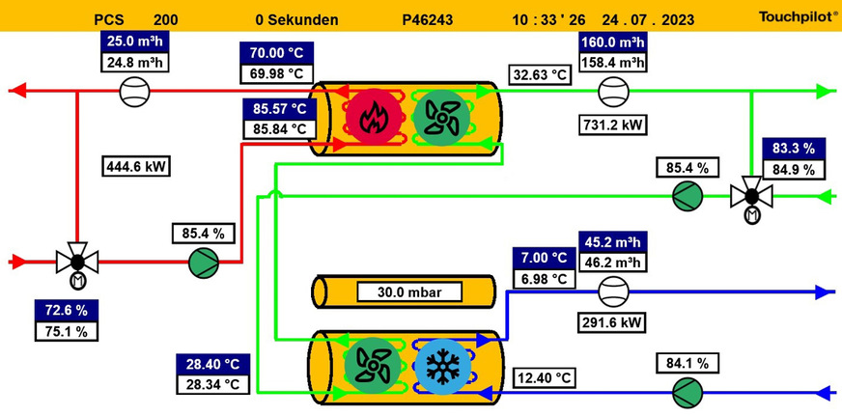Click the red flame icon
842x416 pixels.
click(x=370, y=117)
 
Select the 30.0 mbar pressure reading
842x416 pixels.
click(x=406, y=291)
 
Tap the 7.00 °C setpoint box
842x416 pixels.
click(x=545, y=259)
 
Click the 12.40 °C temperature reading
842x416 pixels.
click(x=546, y=376)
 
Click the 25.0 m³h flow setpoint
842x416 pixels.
click(x=134, y=42)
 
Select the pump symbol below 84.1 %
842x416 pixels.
click(x=688, y=392)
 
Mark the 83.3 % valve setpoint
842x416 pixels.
click(x=794, y=149)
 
